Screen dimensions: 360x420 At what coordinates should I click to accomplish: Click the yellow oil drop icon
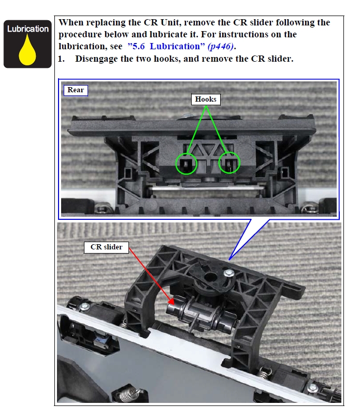click(27, 51)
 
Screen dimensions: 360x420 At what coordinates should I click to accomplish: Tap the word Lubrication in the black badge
click(28, 29)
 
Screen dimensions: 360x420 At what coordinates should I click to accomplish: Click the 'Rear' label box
click(76, 90)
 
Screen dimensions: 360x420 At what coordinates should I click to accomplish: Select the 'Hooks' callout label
click(206, 99)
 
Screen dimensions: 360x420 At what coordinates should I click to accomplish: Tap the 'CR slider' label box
click(106, 247)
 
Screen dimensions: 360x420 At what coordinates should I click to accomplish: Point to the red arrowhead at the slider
click(171, 302)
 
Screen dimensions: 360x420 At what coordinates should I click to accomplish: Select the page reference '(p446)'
click(221, 47)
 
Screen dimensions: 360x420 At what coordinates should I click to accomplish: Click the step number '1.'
click(61, 59)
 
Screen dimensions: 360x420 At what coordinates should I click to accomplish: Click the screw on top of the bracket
click(229, 273)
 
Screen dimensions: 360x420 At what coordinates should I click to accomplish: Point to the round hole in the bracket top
click(211, 277)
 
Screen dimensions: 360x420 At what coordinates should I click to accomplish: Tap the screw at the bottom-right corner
click(313, 387)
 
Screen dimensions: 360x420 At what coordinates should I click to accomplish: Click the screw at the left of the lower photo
click(85, 306)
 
